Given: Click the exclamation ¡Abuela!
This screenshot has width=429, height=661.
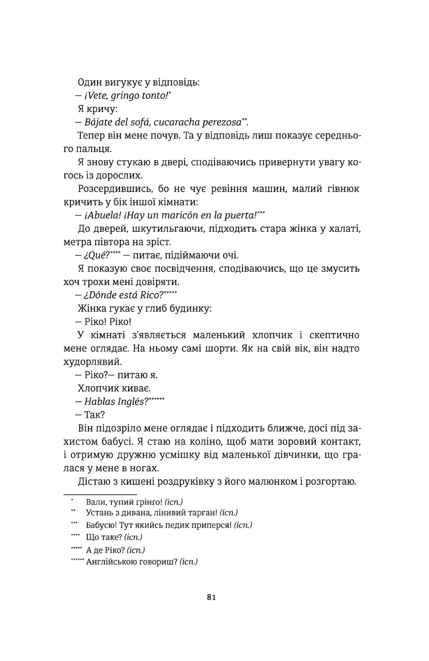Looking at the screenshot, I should [x=101, y=215].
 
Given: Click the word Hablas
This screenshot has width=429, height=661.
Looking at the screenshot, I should [x=100, y=403].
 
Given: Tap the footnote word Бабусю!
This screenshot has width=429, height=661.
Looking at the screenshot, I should [x=102, y=525].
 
